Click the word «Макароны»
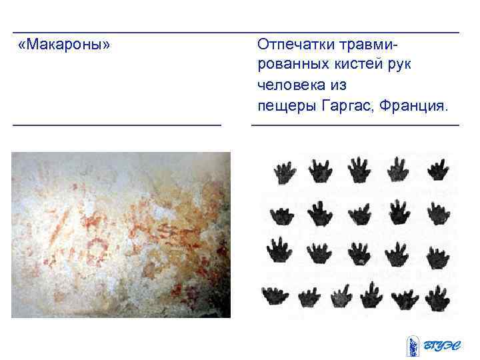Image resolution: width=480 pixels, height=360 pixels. click(x=65, y=46)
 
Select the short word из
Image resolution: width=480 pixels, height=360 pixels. click(x=337, y=86)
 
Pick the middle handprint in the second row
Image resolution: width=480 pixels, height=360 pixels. click(x=359, y=213)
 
